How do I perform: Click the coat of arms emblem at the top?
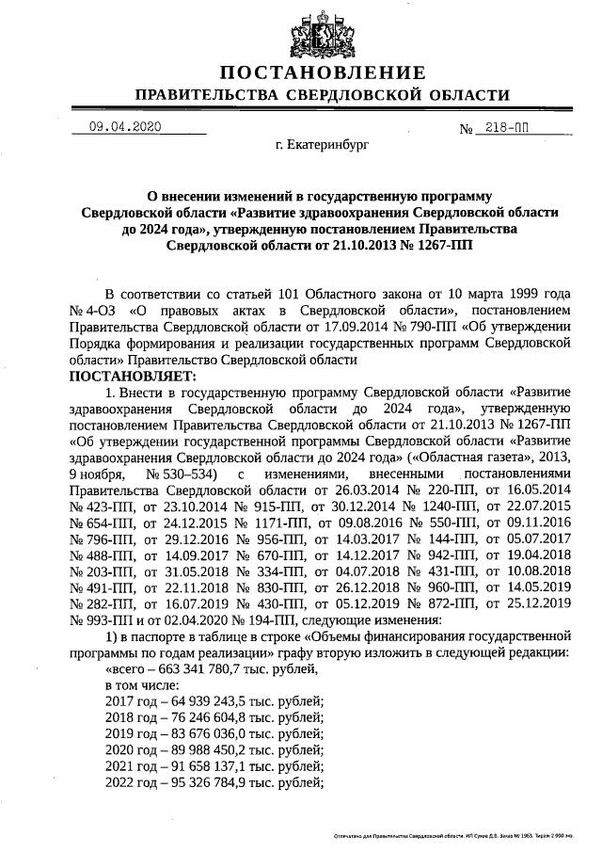323,31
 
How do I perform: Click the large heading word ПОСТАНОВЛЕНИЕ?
323,73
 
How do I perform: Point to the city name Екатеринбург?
323,146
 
